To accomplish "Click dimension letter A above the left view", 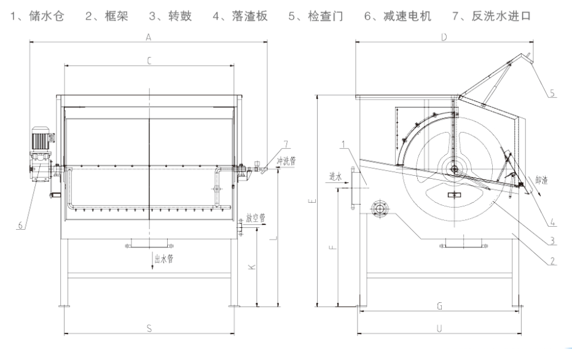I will tap(149, 37).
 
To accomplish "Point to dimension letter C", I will tap(149, 60).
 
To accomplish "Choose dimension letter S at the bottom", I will tap(149, 329).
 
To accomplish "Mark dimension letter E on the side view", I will tap(311, 200).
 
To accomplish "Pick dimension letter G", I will tap(439, 305).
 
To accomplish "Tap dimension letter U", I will tap(439, 329).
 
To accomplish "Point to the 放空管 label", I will tap(255, 217).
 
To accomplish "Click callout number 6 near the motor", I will tap(20, 225).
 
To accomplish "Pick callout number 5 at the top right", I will tap(552, 93).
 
